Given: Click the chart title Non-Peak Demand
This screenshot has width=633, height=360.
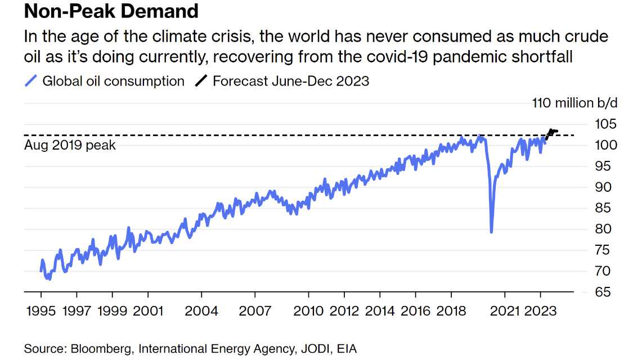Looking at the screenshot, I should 111,11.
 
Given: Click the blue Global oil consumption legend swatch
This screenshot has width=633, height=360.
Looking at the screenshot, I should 32,81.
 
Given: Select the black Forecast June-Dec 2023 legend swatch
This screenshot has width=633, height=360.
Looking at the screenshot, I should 201,81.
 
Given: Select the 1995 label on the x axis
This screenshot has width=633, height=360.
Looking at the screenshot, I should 41,310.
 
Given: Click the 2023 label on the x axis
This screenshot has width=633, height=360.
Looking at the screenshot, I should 541,310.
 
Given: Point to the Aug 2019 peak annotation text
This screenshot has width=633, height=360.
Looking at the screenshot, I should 70,145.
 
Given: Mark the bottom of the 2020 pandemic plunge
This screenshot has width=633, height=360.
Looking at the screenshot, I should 492,231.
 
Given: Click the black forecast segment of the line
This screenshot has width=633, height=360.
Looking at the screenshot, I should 551,133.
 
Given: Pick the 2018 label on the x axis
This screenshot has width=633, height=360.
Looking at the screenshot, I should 451,310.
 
